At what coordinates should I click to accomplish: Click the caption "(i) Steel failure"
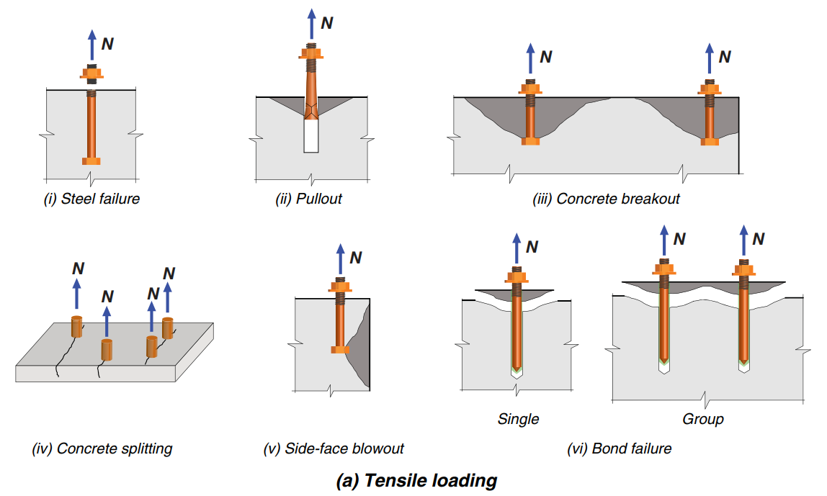(x=91, y=199)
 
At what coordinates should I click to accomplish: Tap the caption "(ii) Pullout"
(x=308, y=199)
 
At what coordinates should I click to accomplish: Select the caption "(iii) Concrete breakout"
(x=606, y=199)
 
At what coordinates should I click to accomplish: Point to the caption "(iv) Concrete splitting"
(x=102, y=448)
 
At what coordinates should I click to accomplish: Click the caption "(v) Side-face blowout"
(x=334, y=448)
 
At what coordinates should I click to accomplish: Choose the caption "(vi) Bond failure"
(x=620, y=448)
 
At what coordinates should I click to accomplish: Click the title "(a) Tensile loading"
(x=416, y=480)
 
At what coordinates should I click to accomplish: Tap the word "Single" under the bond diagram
(x=518, y=418)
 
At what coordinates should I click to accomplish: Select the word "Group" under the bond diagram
(x=702, y=418)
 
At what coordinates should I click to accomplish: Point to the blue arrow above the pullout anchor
(x=311, y=25)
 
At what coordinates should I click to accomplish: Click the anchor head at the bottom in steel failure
(x=91, y=160)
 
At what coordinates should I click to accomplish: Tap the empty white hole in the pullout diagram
(x=311, y=136)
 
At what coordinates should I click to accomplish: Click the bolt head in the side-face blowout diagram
(x=340, y=349)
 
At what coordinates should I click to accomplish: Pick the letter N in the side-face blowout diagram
(x=355, y=258)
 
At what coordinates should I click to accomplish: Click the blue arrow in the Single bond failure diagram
(x=516, y=249)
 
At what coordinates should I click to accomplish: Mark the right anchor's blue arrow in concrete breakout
(x=709, y=60)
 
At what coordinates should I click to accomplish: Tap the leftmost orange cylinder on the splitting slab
(x=77, y=326)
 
